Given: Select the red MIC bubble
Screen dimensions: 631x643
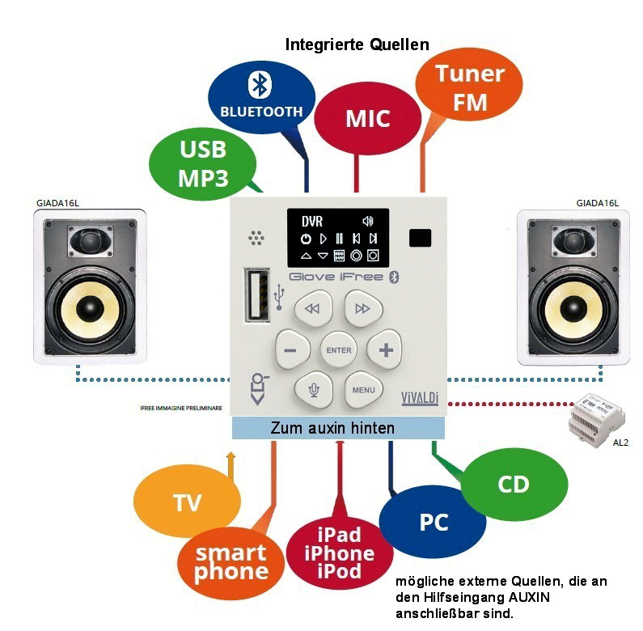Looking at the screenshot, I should [x=367, y=118].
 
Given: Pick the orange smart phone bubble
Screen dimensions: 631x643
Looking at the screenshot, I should [x=231, y=561].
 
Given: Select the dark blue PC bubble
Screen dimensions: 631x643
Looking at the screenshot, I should [x=433, y=523].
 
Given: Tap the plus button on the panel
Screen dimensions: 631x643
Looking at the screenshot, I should [x=385, y=350].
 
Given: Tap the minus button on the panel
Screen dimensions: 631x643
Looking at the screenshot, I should [x=291, y=351].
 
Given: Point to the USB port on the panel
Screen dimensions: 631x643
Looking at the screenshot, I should [x=258, y=298].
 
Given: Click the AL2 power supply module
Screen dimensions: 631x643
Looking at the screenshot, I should [x=598, y=418].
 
